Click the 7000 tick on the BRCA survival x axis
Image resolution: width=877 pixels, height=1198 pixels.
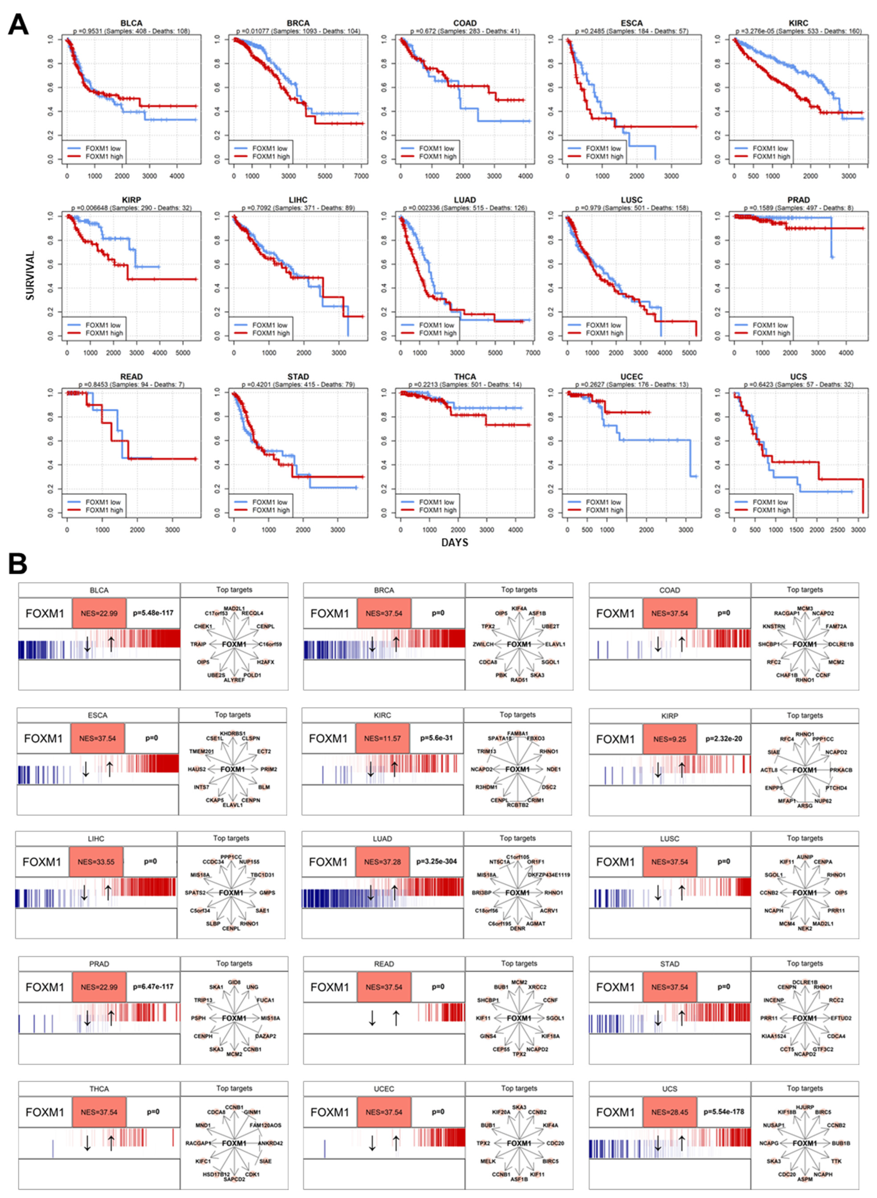pos(361,176)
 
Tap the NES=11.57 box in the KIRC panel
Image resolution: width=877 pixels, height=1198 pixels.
pos(382,738)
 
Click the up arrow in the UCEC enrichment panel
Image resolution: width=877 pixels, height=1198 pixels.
pos(396,1142)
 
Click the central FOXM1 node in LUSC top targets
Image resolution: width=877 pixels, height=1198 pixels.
pos(804,893)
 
